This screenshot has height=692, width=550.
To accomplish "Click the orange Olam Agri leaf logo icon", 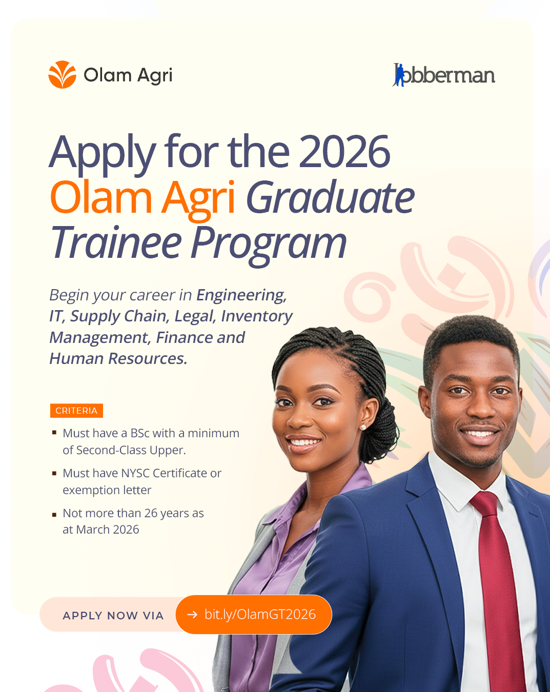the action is tap(62, 74).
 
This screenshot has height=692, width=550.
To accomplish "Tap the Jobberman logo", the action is tap(443, 75).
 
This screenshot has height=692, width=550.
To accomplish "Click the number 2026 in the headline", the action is tap(344, 151).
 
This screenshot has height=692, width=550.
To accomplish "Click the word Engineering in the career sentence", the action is tap(241, 295).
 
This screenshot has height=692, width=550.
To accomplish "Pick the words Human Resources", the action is tap(118, 358).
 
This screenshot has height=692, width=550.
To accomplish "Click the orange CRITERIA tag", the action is tap(76, 411).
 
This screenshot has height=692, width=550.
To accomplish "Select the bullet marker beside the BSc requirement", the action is tap(54, 433).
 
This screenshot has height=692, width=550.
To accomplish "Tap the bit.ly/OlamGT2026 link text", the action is tap(260, 615).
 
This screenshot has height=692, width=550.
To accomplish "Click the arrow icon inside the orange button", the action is tap(192, 615).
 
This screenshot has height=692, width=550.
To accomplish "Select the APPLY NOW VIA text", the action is tap(113, 616).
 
